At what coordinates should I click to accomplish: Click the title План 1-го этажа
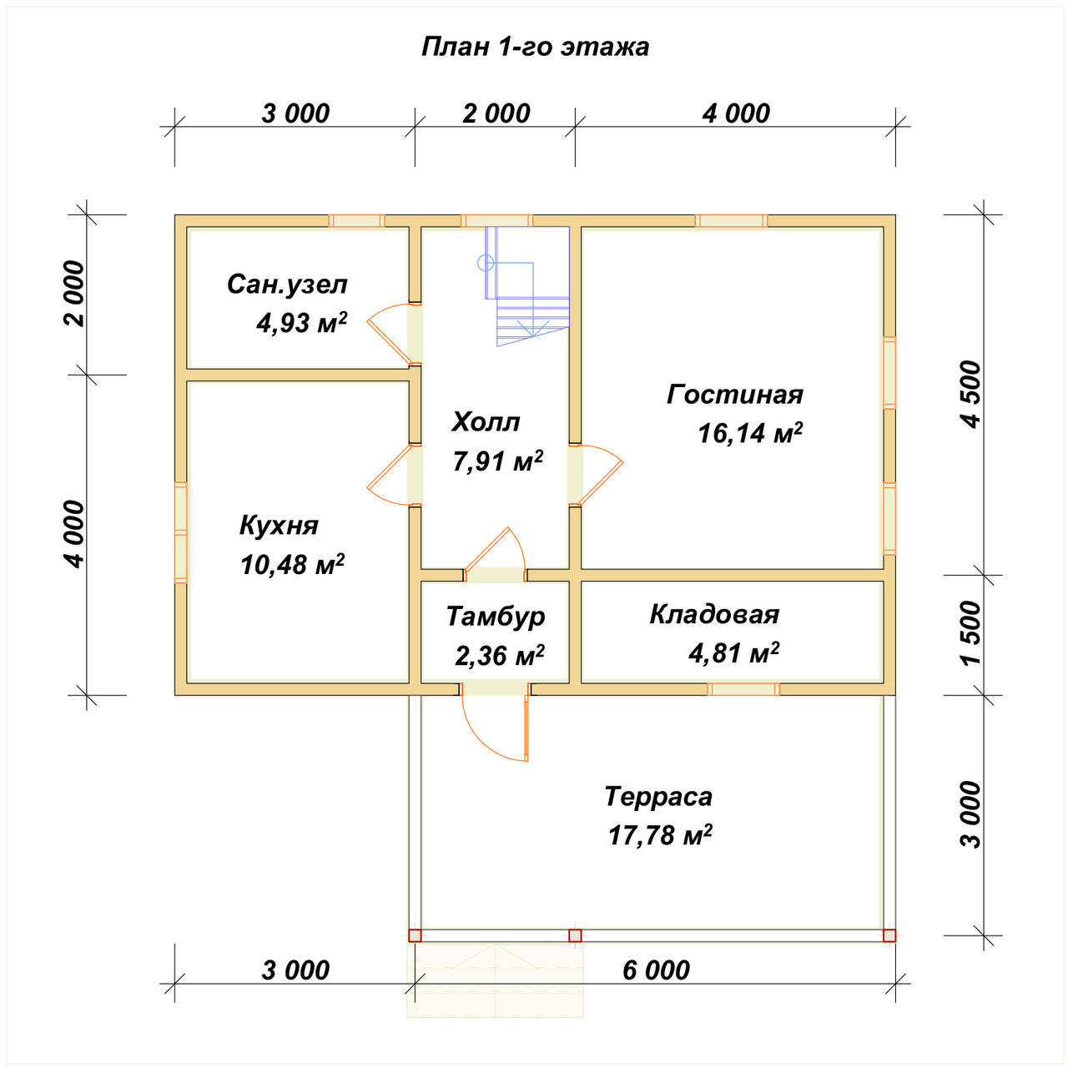coord(534,48)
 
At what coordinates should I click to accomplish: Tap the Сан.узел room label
coord(287,285)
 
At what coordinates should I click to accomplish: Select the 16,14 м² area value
coord(750,433)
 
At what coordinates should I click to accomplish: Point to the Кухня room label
coord(279,526)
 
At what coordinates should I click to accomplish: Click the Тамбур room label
coord(496,617)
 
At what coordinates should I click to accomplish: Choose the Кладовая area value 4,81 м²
coord(733,652)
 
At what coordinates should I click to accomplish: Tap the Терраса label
coord(658,797)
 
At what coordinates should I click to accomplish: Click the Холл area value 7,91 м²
coord(497,461)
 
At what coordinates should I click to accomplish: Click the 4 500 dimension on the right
coord(971,394)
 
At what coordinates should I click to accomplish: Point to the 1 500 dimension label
coord(971,632)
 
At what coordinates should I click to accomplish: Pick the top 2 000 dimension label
coord(496,113)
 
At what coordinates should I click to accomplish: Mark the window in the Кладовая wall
coord(743,689)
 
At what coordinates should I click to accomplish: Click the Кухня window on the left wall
coord(181,532)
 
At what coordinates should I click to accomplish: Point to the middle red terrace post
coord(575,935)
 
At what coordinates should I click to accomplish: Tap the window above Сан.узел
coord(356,220)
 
